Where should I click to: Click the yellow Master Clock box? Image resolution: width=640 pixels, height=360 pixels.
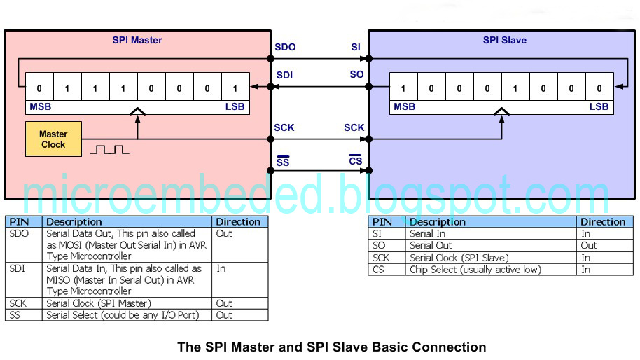pos(53,139)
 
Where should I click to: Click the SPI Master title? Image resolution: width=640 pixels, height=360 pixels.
pos(137,40)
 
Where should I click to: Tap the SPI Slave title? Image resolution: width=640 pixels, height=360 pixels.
pos(504,40)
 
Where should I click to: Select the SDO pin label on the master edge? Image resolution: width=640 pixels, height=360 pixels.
pos(286,48)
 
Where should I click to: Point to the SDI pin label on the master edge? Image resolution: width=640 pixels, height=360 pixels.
pos(285,75)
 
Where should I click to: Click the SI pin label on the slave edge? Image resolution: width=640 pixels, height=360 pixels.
pos(356,48)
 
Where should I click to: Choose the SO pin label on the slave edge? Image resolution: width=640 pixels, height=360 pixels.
pos(356,75)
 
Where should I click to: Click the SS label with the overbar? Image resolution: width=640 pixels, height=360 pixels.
pos(282,162)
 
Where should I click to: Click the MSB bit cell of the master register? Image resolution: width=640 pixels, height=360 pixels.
pos(39,88)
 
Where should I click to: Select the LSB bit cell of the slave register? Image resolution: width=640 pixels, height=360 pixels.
pos(599,88)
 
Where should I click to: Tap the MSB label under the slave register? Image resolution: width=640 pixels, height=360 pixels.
pos(404,107)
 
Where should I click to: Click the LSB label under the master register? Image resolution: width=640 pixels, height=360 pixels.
pos(235,107)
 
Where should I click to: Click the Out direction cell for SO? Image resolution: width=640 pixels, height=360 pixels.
pos(589,245)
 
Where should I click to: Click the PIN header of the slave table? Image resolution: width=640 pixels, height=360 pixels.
pos(382,221)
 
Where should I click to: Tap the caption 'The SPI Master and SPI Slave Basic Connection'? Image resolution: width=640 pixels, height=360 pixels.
pos(331,347)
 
